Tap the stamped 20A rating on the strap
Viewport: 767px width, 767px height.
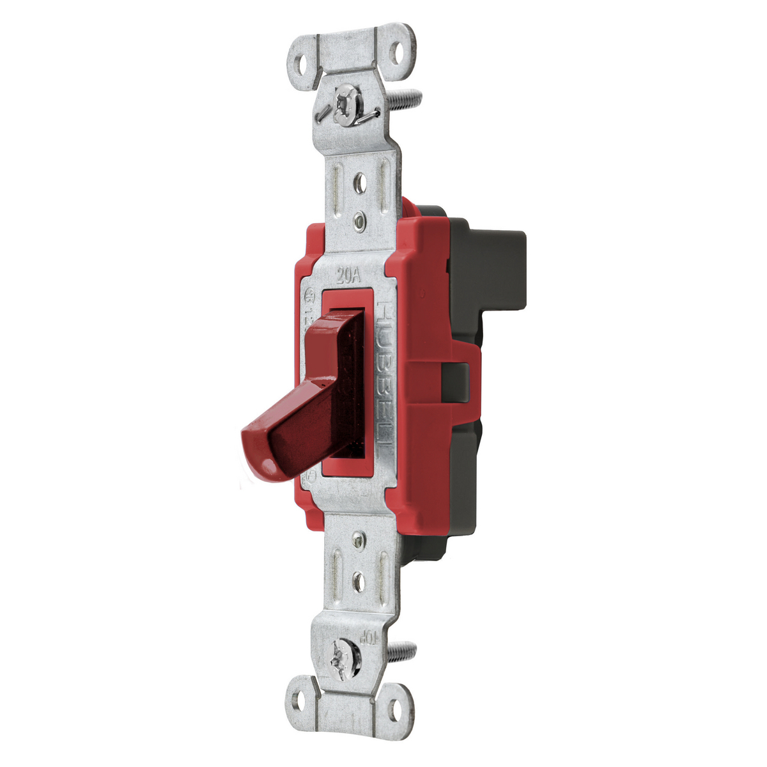point(349,276)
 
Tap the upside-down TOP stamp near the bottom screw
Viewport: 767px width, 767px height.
point(374,636)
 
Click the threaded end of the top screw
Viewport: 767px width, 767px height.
point(409,99)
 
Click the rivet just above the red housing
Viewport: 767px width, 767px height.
point(360,221)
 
